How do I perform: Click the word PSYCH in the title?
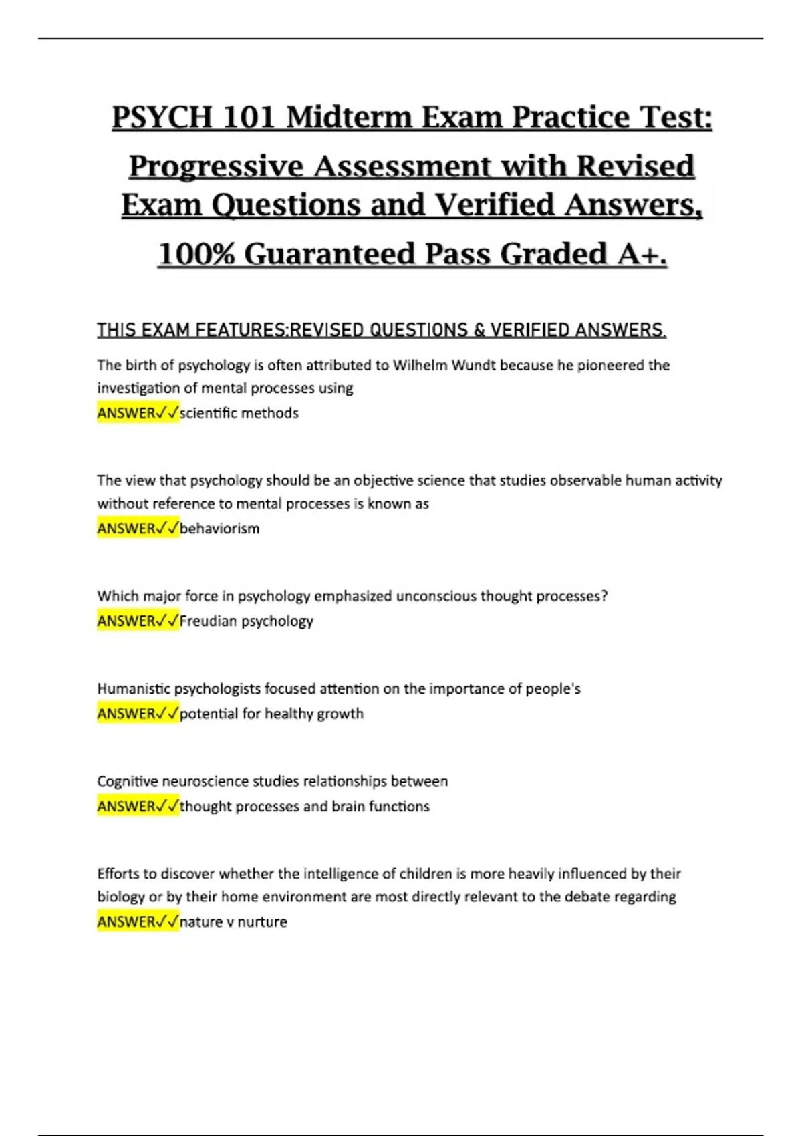(x=161, y=118)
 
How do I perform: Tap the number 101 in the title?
(x=248, y=118)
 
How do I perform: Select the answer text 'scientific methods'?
(x=239, y=413)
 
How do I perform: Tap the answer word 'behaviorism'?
(x=219, y=529)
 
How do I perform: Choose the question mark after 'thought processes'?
(x=604, y=596)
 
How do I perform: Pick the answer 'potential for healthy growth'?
(x=271, y=714)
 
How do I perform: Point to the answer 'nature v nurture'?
(x=233, y=922)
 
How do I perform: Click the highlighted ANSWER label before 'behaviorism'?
(x=127, y=529)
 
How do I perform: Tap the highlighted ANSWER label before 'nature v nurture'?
(x=127, y=922)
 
